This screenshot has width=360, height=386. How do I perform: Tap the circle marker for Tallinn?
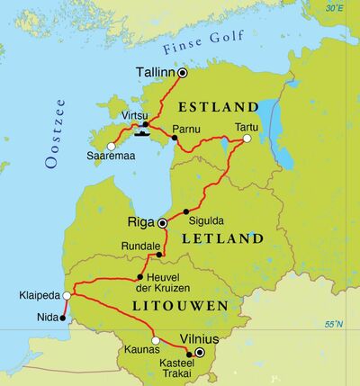pos(183,73)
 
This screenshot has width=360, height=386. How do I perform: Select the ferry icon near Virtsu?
pos(141,136)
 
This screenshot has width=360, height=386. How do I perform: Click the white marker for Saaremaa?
pos(111,146)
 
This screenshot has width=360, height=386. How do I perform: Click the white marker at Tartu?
pos(247,139)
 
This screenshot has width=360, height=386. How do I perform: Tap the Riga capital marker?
pos(162,222)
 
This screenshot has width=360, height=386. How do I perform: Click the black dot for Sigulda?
pos(186,212)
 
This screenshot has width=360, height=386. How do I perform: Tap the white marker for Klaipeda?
pos(67,294)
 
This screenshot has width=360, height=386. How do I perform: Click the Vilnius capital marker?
pos(200,352)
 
